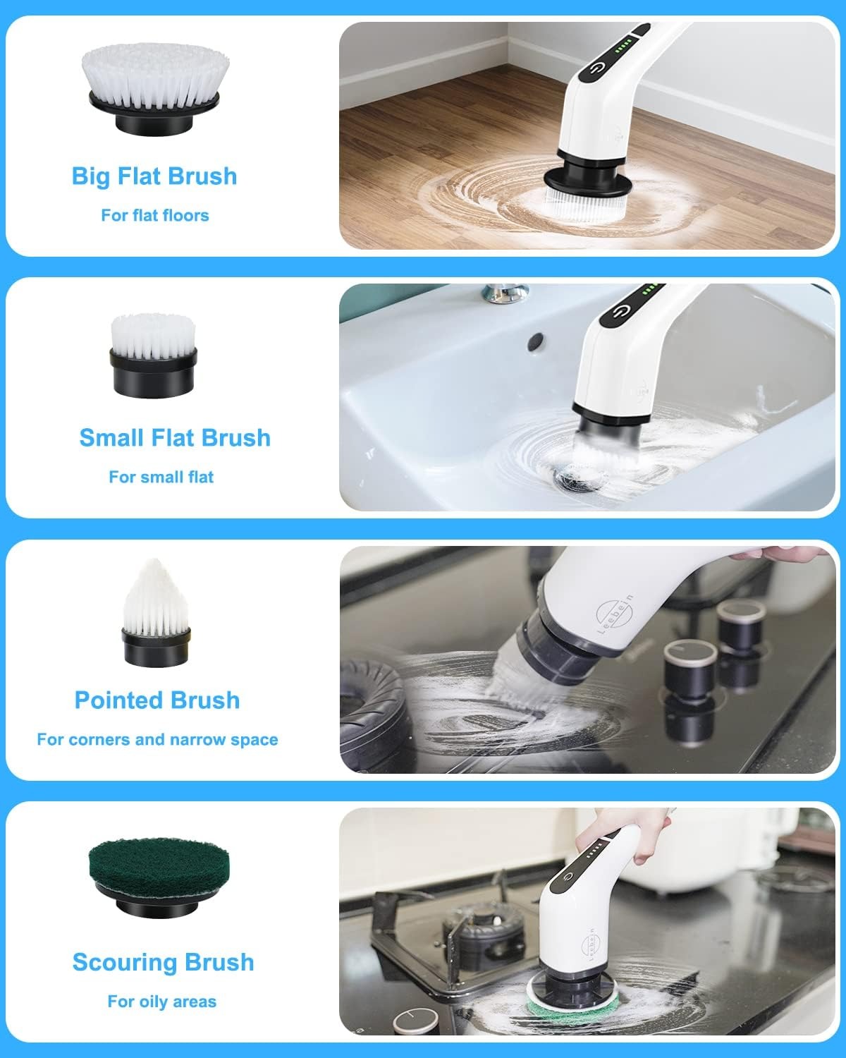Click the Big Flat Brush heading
(x=154, y=176)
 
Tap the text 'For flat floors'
(x=154, y=215)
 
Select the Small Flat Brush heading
(x=175, y=437)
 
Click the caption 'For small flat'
(x=161, y=477)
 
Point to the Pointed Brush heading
(x=157, y=700)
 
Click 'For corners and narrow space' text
(x=157, y=739)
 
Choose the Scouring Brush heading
(x=163, y=962)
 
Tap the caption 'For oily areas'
(x=161, y=1002)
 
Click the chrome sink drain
(x=568, y=480)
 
